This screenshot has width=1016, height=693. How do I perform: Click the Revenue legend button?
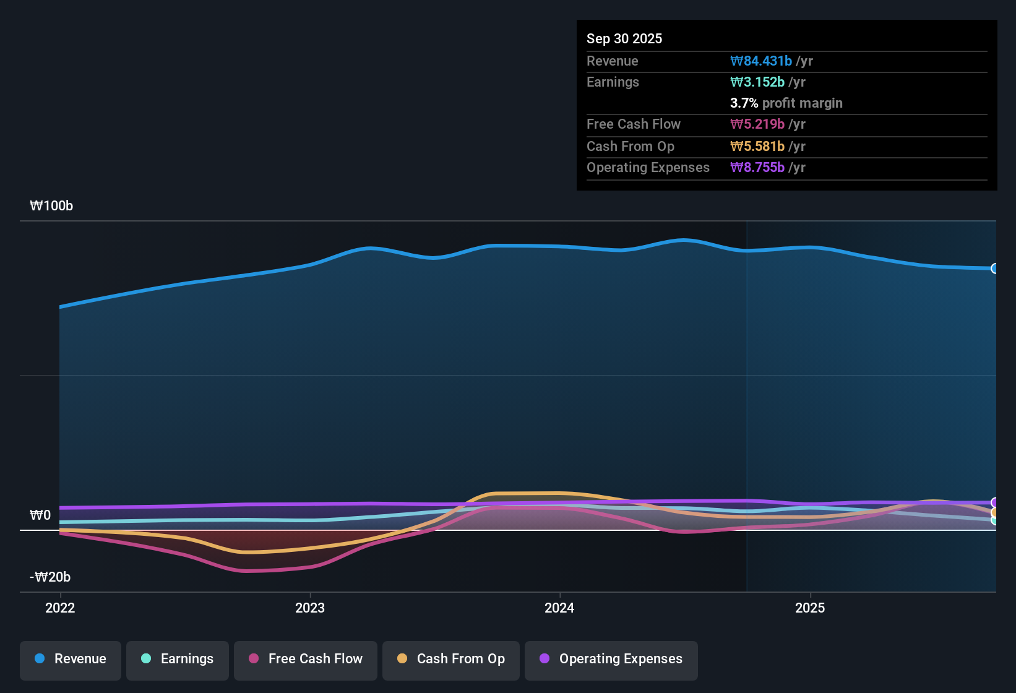[71, 659]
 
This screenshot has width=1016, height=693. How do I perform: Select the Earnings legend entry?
[178, 659]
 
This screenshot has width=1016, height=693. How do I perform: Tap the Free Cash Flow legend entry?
[306, 659]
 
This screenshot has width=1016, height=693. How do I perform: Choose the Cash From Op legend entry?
[451, 659]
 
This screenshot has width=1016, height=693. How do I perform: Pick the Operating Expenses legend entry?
[611, 659]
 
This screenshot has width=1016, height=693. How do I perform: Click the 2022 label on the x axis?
[60, 608]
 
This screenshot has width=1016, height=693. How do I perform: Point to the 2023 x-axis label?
[310, 608]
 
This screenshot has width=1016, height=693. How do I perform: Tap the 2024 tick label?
[559, 608]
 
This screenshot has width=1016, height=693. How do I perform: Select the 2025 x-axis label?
[810, 608]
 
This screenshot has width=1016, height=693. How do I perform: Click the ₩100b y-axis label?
[51, 206]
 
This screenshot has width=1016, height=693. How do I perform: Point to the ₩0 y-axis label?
[40, 515]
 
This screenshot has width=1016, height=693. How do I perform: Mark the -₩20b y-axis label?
[50, 577]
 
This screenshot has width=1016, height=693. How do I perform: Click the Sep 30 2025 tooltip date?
[624, 38]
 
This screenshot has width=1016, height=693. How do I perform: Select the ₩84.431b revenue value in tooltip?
[761, 61]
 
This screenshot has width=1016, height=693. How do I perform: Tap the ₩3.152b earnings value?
[757, 82]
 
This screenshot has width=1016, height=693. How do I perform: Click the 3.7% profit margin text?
[786, 103]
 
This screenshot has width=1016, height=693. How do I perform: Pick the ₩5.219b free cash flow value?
[757, 124]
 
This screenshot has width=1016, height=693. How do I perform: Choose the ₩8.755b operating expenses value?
[757, 168]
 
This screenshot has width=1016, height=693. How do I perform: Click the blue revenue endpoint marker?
[995, 269]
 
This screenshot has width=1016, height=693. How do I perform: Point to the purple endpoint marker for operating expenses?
[995, 502]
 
